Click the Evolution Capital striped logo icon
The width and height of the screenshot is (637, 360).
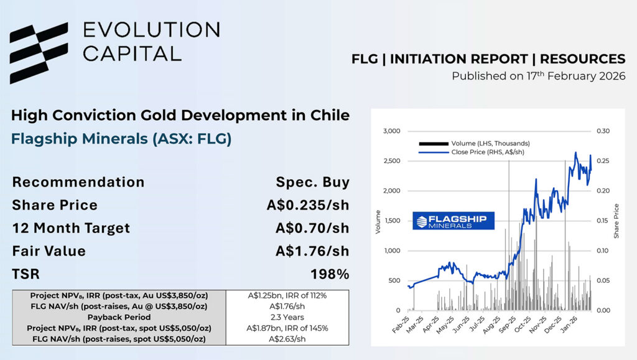[x=39, y=53]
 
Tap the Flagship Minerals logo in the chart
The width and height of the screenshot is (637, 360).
[x=453, y=221]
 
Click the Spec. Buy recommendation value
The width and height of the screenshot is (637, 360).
[x=312, y=183]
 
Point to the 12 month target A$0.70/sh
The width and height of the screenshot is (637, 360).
[x=312, y=228]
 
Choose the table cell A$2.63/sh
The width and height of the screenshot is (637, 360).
[x=287, y=338]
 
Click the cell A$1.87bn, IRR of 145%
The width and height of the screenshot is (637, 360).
[x=287, y=328]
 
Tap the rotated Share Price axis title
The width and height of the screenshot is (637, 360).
[x=617, y=221]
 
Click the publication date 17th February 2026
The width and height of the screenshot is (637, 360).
[x=538, y=76]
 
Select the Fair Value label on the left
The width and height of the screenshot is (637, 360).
[x=49, y=251]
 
